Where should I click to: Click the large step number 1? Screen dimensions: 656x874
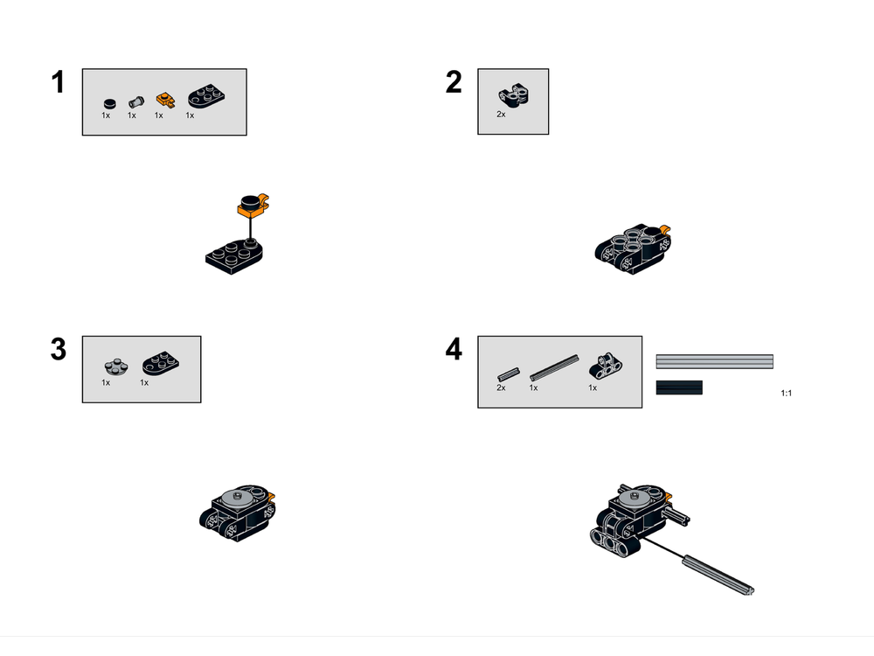click(58, 83)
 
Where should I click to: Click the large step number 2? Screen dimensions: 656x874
click(453, 83)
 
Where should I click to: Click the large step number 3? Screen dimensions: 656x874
click(58, 349)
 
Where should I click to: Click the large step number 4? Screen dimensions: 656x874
click(453, 349)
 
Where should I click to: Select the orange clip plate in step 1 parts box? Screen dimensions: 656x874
click(163, 99)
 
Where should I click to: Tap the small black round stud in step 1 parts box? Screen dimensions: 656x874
click(108, 101)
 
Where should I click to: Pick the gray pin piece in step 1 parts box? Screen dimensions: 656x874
click(135, 100)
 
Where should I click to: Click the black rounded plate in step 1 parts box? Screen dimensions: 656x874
click(205, 94)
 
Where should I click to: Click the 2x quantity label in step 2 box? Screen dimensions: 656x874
click(501, 115)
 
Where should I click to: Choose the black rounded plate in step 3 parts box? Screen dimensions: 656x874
click(158, 360)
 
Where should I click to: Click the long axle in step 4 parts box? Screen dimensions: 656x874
click(554, 366)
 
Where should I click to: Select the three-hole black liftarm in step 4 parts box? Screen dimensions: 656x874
click(604, 364)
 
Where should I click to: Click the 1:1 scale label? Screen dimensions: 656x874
click(785, 394)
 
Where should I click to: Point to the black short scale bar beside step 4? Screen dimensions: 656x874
click(679, 387)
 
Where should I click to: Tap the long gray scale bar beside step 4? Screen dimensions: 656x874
click(714, 361)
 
